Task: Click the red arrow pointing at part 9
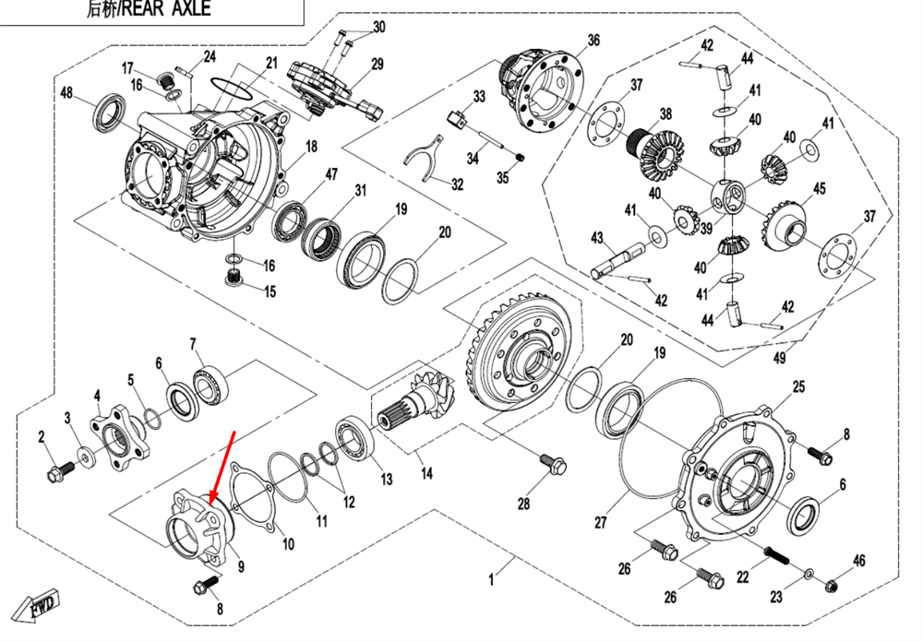223,467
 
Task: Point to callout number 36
593,40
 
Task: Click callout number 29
377,64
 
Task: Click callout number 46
858,560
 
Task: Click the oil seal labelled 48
109,111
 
